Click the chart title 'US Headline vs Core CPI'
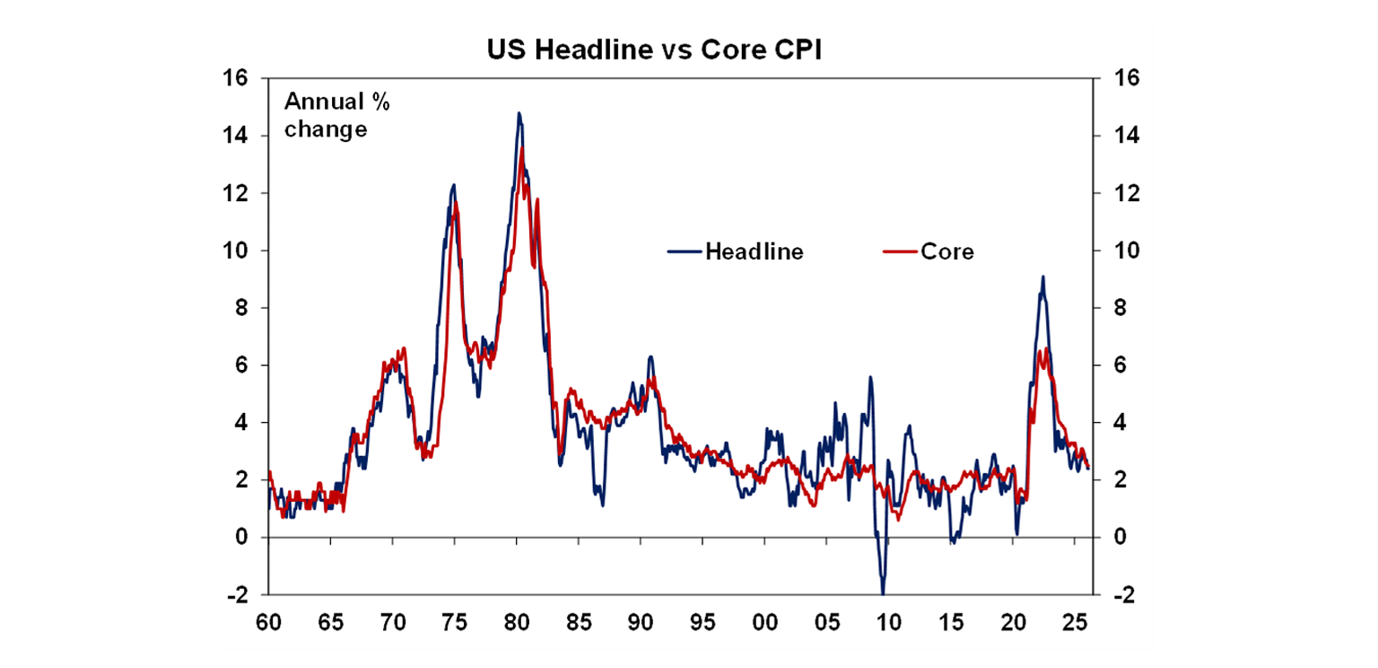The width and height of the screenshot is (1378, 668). pyautogui.click(x=655, y=50)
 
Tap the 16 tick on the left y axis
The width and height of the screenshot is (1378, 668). pyautogui.click(x=236, y=78)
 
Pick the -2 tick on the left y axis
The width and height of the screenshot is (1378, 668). pyautogui.click(x=238, y=594)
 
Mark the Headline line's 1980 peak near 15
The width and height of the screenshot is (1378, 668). pyautogui.click(x=519, y=113)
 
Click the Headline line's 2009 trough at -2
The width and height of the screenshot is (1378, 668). pyautogui.click(x=883, y=593)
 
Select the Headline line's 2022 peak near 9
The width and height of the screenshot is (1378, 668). pyautogui.click(x=1042, y=277)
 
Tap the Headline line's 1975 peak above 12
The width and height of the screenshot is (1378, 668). pyautogui.click(x=453, y=185)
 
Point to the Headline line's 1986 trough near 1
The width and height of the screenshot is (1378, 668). pyautogui.click(x=602, y=505)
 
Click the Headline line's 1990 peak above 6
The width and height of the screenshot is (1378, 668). pyautogui.click(x=650, y=356)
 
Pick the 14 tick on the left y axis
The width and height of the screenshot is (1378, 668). pyautogui.click(x=236, y=136)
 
